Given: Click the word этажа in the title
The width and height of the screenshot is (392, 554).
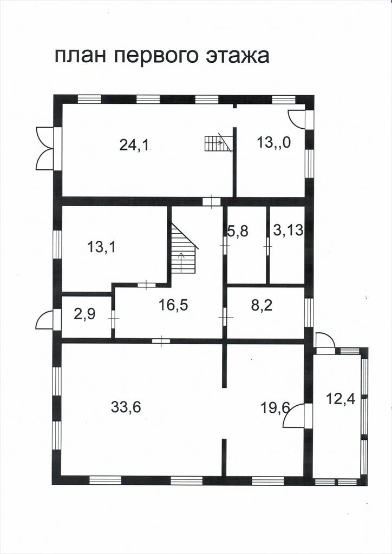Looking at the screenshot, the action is (237, 56).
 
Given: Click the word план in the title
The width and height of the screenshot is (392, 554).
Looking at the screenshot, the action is (80, 56).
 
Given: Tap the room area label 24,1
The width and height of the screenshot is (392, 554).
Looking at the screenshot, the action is (135, 145).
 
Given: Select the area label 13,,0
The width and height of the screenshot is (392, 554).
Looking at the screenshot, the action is (274, 143).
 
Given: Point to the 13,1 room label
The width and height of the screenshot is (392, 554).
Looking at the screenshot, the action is (101, 247).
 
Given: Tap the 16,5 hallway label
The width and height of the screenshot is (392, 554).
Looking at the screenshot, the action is (173, 305).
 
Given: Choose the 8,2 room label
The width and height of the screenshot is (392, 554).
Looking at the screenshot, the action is (262, 305).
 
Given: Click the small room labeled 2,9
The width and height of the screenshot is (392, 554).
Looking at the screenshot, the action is (85, 314).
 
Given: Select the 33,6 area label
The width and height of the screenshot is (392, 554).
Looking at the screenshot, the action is (126, 407).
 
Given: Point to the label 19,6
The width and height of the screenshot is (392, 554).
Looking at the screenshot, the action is (276, 408).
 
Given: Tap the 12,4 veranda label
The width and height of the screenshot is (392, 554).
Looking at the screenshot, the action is (341, 400).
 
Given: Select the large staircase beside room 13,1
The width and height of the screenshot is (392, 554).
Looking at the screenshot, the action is (184, 248).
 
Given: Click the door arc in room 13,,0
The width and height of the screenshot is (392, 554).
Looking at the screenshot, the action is (296, 119).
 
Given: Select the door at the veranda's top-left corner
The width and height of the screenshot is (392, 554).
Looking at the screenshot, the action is (325, 341).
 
